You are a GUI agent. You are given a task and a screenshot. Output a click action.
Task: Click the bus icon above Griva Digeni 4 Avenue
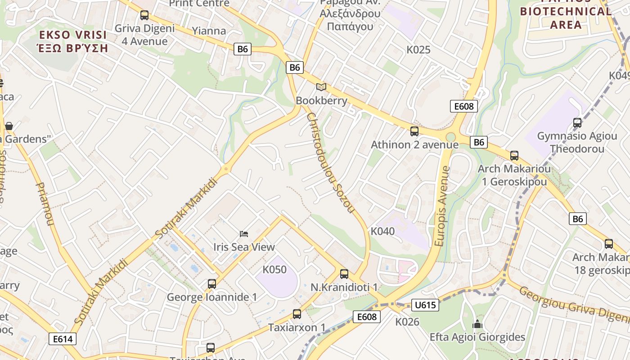[144, 15]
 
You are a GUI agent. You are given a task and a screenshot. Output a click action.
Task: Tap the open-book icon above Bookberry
[321, 87]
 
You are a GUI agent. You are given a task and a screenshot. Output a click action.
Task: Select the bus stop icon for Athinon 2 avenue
[414, 131]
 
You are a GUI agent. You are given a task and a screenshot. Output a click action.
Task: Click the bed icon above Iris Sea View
[244, 234]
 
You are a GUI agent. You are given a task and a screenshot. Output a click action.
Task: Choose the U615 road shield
[425, 305]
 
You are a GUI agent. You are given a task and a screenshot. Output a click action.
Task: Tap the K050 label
[274, 270]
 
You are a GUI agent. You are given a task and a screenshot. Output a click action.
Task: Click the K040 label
[382, 231]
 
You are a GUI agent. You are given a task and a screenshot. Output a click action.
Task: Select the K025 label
[418, 49]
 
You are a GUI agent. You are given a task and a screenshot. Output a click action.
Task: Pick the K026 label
[407, 322]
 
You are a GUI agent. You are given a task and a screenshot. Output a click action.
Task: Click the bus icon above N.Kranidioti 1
[344, 274]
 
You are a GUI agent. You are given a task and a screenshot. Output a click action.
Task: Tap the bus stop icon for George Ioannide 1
[212, 284]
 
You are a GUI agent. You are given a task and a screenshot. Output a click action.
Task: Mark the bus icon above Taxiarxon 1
[297, 314]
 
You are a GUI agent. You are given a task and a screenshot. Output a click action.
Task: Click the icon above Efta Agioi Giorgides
[477, 324]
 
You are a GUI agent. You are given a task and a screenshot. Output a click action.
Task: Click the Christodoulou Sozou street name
[331, 163]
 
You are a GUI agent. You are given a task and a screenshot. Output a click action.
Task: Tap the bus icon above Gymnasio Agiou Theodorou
[577, 122]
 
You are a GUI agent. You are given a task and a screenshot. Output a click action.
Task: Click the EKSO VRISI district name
[73, 35]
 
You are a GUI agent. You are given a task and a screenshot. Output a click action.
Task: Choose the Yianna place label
[209, 31]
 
